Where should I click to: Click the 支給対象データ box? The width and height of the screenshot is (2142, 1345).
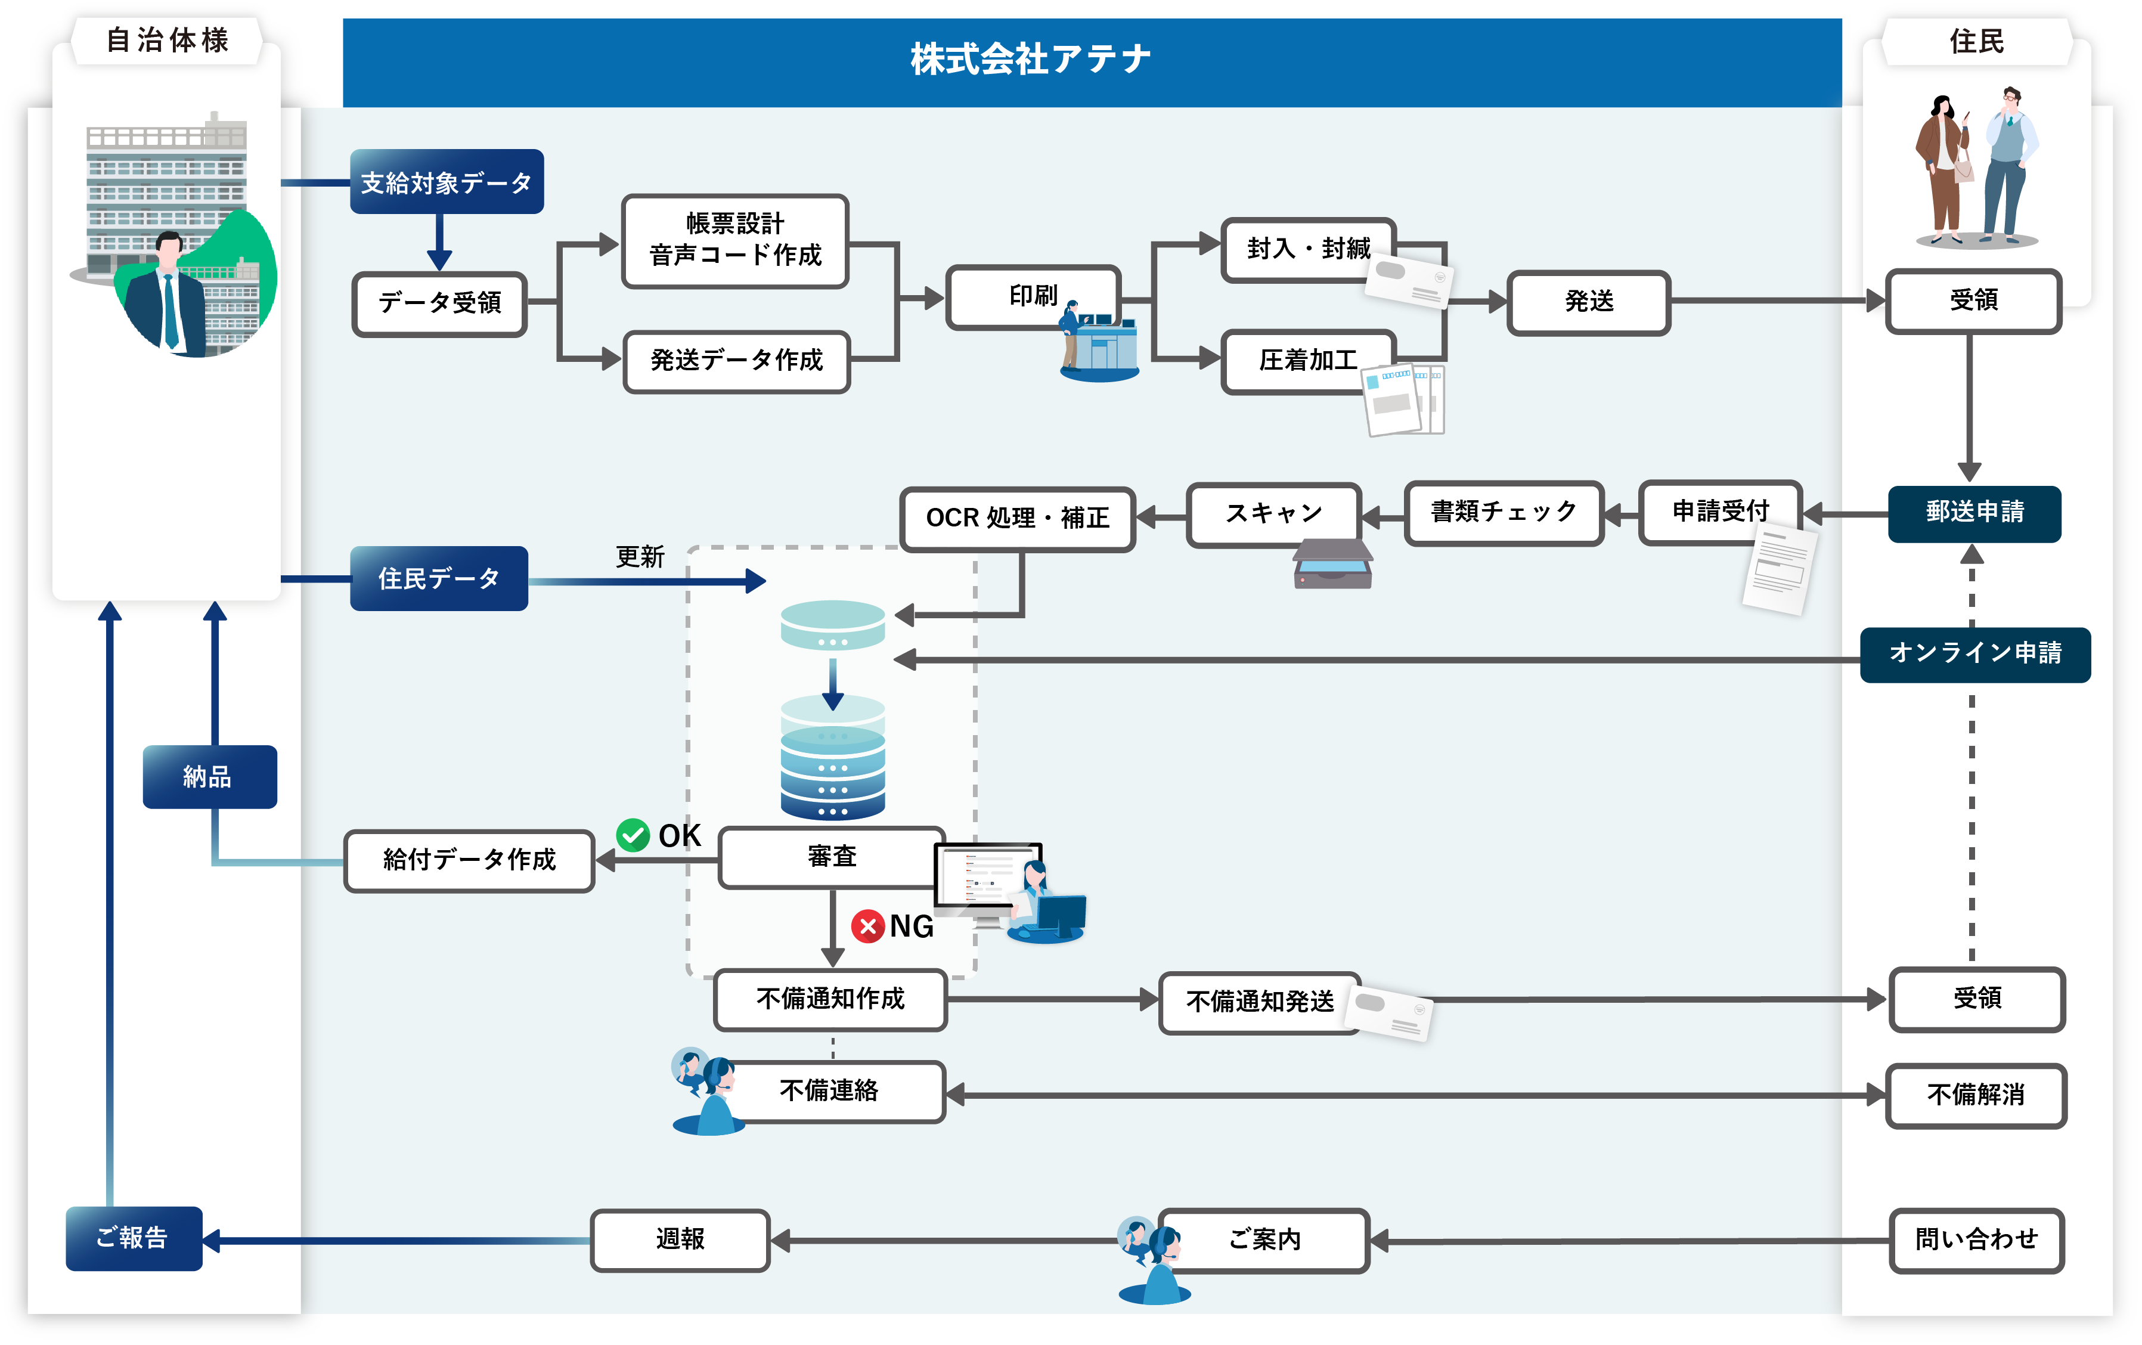tap(447, 182)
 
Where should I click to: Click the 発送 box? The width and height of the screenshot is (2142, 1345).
tap(1589, 302)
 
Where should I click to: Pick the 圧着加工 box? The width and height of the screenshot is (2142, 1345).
tap(1307, 360)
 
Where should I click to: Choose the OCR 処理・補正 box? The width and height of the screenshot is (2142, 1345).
tap(1018, 517)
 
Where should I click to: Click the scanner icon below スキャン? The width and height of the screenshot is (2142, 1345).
tap(1332, 566)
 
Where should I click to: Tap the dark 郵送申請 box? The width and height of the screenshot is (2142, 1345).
tap(1974, 512)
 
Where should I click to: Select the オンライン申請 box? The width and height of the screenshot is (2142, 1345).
tap(1974, 654)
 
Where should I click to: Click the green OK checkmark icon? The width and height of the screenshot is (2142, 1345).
tap(633, 835)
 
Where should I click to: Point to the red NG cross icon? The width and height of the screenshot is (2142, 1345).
tap(867, 926)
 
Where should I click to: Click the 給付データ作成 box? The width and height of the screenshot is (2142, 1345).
tap(469, 860)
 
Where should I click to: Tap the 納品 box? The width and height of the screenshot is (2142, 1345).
tap(209, 777)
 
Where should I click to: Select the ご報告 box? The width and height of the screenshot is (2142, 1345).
tap(134, 1238)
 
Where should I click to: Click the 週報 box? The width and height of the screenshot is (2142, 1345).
tap(680, 1239)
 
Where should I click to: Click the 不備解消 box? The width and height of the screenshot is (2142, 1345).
tap(1976, 1095)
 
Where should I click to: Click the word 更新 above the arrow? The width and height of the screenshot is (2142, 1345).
tap(640, 557)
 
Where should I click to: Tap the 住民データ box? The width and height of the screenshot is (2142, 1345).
tap(439, 579)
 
